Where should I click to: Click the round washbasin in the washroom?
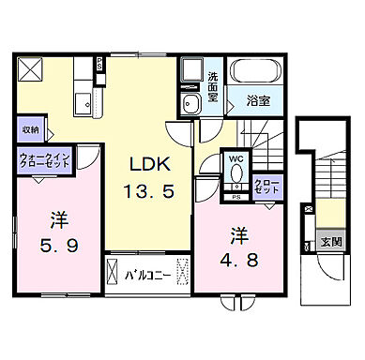pos(190,102)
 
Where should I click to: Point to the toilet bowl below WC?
pos(235,176)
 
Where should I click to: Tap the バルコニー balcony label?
pos(144,276)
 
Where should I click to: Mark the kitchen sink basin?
pos(80,101)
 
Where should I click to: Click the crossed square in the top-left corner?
pos(31,70)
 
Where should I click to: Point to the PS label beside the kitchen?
pos(99,65)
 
